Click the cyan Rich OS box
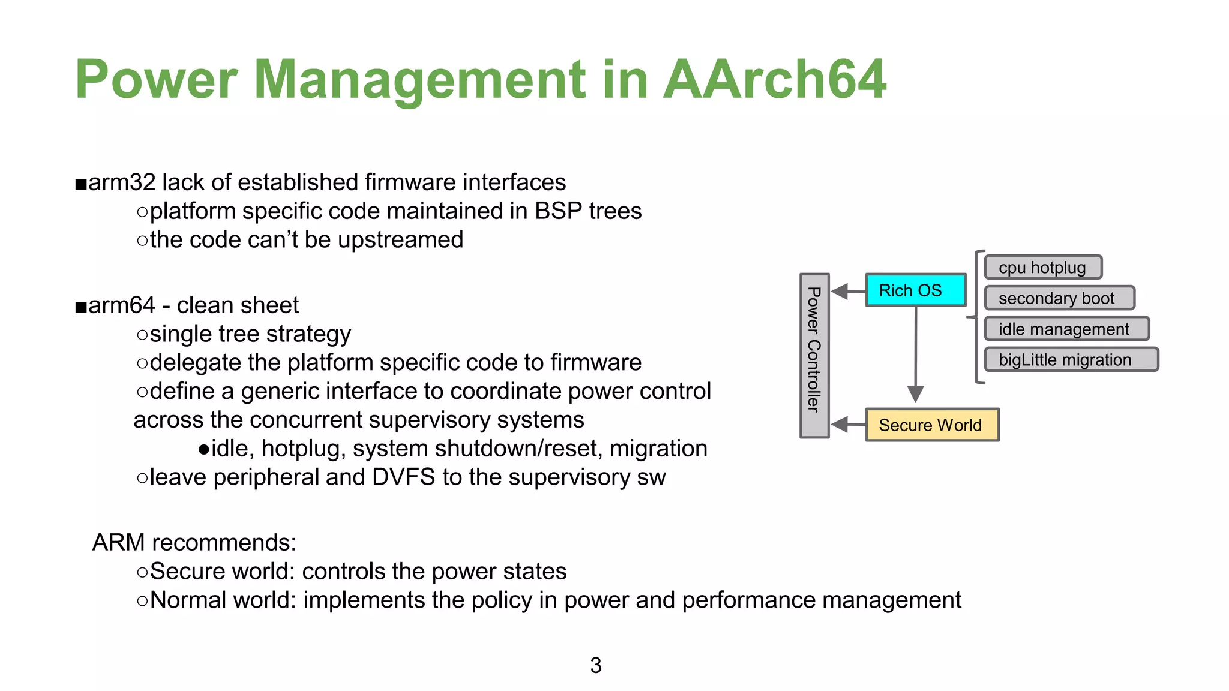click(x=915, y=290)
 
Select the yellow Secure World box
click(x=931, y=425)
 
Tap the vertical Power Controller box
click(x=814, y=356)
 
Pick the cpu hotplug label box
click(x=1042, y=268)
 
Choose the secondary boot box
click(x=1059, y=298)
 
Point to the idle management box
click(x=1066, y=329)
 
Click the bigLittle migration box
click(x=1071, y=360)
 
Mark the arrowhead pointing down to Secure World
click(x=915, y=394)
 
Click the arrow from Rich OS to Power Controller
click(x=848, y=292)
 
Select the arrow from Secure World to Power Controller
click(x=848, y=425)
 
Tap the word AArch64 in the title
click(x=774, y=79)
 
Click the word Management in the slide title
click(x=419, y=80)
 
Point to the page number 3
click(x=595, y=665)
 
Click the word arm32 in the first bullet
click(x=122, y=182)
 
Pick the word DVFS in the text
click(x=403, y=477)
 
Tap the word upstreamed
click(x=400, y=240)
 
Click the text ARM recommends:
click(x=194, y=542)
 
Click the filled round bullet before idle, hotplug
click(x=203, y=449)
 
